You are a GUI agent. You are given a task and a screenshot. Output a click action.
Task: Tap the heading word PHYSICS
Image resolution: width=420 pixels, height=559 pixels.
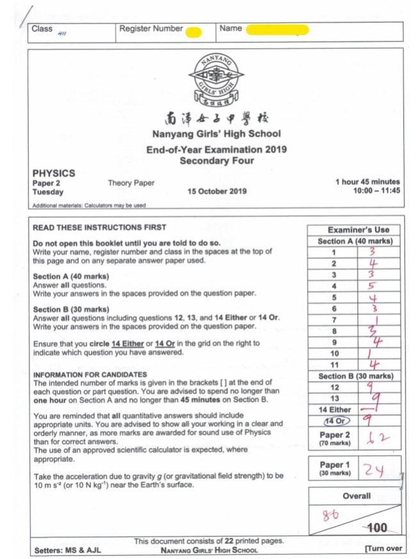(54, 173)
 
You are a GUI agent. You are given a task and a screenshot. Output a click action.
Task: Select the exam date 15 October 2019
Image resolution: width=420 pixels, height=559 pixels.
(217, 191)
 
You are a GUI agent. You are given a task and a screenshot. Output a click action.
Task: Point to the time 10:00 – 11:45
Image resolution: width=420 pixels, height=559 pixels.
(376, 191)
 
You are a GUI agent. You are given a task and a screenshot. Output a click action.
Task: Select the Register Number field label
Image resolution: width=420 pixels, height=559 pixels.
(151, 29)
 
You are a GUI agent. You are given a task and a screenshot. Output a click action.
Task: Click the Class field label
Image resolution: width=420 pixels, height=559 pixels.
(42, 29)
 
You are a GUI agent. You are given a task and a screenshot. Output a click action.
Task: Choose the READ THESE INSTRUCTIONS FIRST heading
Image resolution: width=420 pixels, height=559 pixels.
(99, 227)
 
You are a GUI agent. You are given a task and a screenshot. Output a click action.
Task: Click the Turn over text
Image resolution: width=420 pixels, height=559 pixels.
(384, 549)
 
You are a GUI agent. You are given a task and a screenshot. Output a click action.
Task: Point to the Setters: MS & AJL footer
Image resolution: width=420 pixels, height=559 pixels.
(67, 550)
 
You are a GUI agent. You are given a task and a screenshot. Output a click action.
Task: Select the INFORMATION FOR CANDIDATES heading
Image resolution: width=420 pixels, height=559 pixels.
(90, 375)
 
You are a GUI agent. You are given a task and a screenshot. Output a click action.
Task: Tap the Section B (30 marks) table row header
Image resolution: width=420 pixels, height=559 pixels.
(354, 377)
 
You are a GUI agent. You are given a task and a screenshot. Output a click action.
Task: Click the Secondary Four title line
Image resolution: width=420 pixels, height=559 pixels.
(216, 160)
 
